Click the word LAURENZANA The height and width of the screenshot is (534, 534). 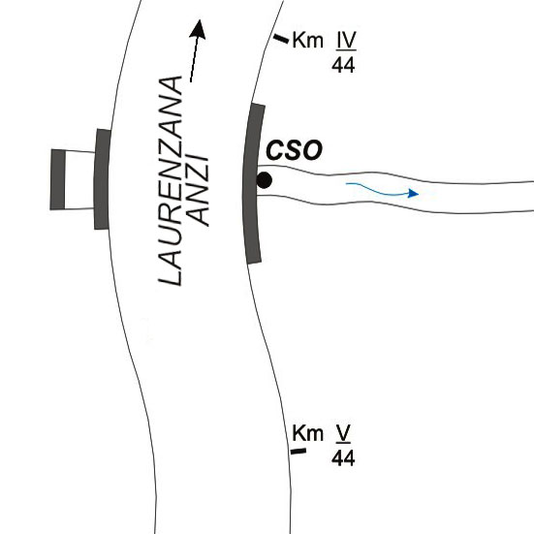(171, 181)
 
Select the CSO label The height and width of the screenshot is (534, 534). (294, 150)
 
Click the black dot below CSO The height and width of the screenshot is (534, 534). (264, 180)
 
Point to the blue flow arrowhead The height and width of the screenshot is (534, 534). (413, 194)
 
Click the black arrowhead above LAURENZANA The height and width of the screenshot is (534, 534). (198, 29)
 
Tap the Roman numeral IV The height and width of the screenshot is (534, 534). (346, 40)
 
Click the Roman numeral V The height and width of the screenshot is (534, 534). (343, 433)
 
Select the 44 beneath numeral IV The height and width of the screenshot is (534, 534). (343, 65)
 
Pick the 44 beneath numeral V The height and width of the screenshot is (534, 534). (343, 458)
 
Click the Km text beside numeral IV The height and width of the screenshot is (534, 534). (308, 40)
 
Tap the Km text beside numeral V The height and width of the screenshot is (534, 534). (307, 433)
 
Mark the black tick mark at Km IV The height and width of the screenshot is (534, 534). (281, 39)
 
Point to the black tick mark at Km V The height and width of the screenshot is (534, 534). (298, 452)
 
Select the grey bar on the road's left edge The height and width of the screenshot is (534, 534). (102, 179)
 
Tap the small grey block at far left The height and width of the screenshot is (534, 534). (57, 179)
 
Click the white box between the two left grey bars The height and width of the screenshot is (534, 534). (79, 180)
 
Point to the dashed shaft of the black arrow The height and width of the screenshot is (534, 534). (194, 60)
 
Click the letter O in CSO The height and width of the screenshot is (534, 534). (312, 150)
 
